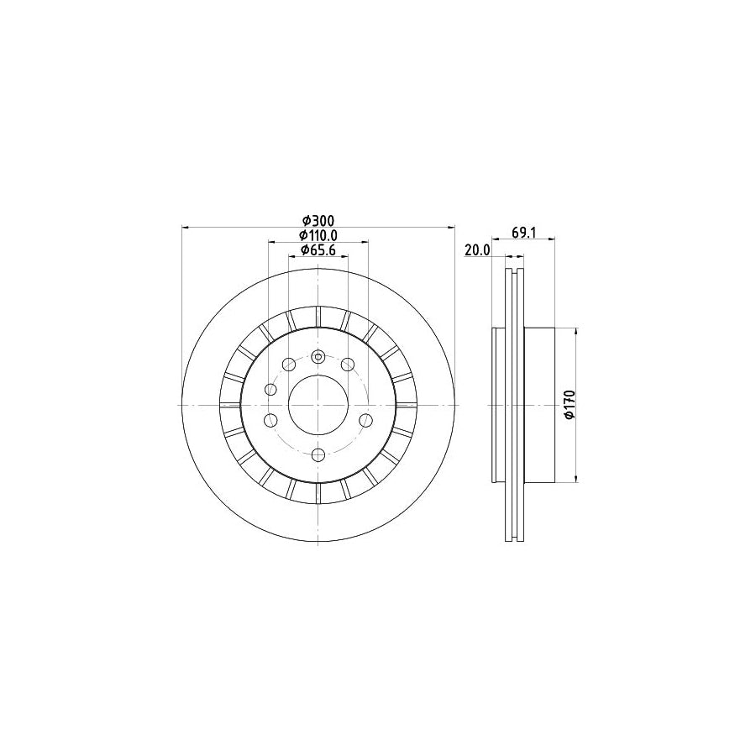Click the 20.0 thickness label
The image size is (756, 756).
pyautogui.click(x=476, y=250)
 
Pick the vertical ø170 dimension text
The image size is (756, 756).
pyautogui.click(x=569, y=405)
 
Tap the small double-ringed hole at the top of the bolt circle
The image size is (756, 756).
pyautogui.click(x=318, y=355)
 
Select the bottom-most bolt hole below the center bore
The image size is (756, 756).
pyautogui.click(x=318, y=454)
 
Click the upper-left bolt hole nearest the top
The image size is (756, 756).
pyautogui.click(x=288, y=364)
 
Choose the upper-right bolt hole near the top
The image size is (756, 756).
pyautogui.click(x=347, y=364)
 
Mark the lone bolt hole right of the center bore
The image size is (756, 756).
pyautogui.click(x=365, y=420)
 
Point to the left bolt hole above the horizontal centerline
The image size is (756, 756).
pyautogui.click(x=270, y=390)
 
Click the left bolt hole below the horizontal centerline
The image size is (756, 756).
pyautogui.click(x=270, y=420)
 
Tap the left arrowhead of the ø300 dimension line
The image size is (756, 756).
pyautogui.click(x=186, y=227)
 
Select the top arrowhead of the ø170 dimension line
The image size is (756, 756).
pyautogui.click(x=575, y=332)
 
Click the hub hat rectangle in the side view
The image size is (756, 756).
pyautogui.click(x=539, y=405)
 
